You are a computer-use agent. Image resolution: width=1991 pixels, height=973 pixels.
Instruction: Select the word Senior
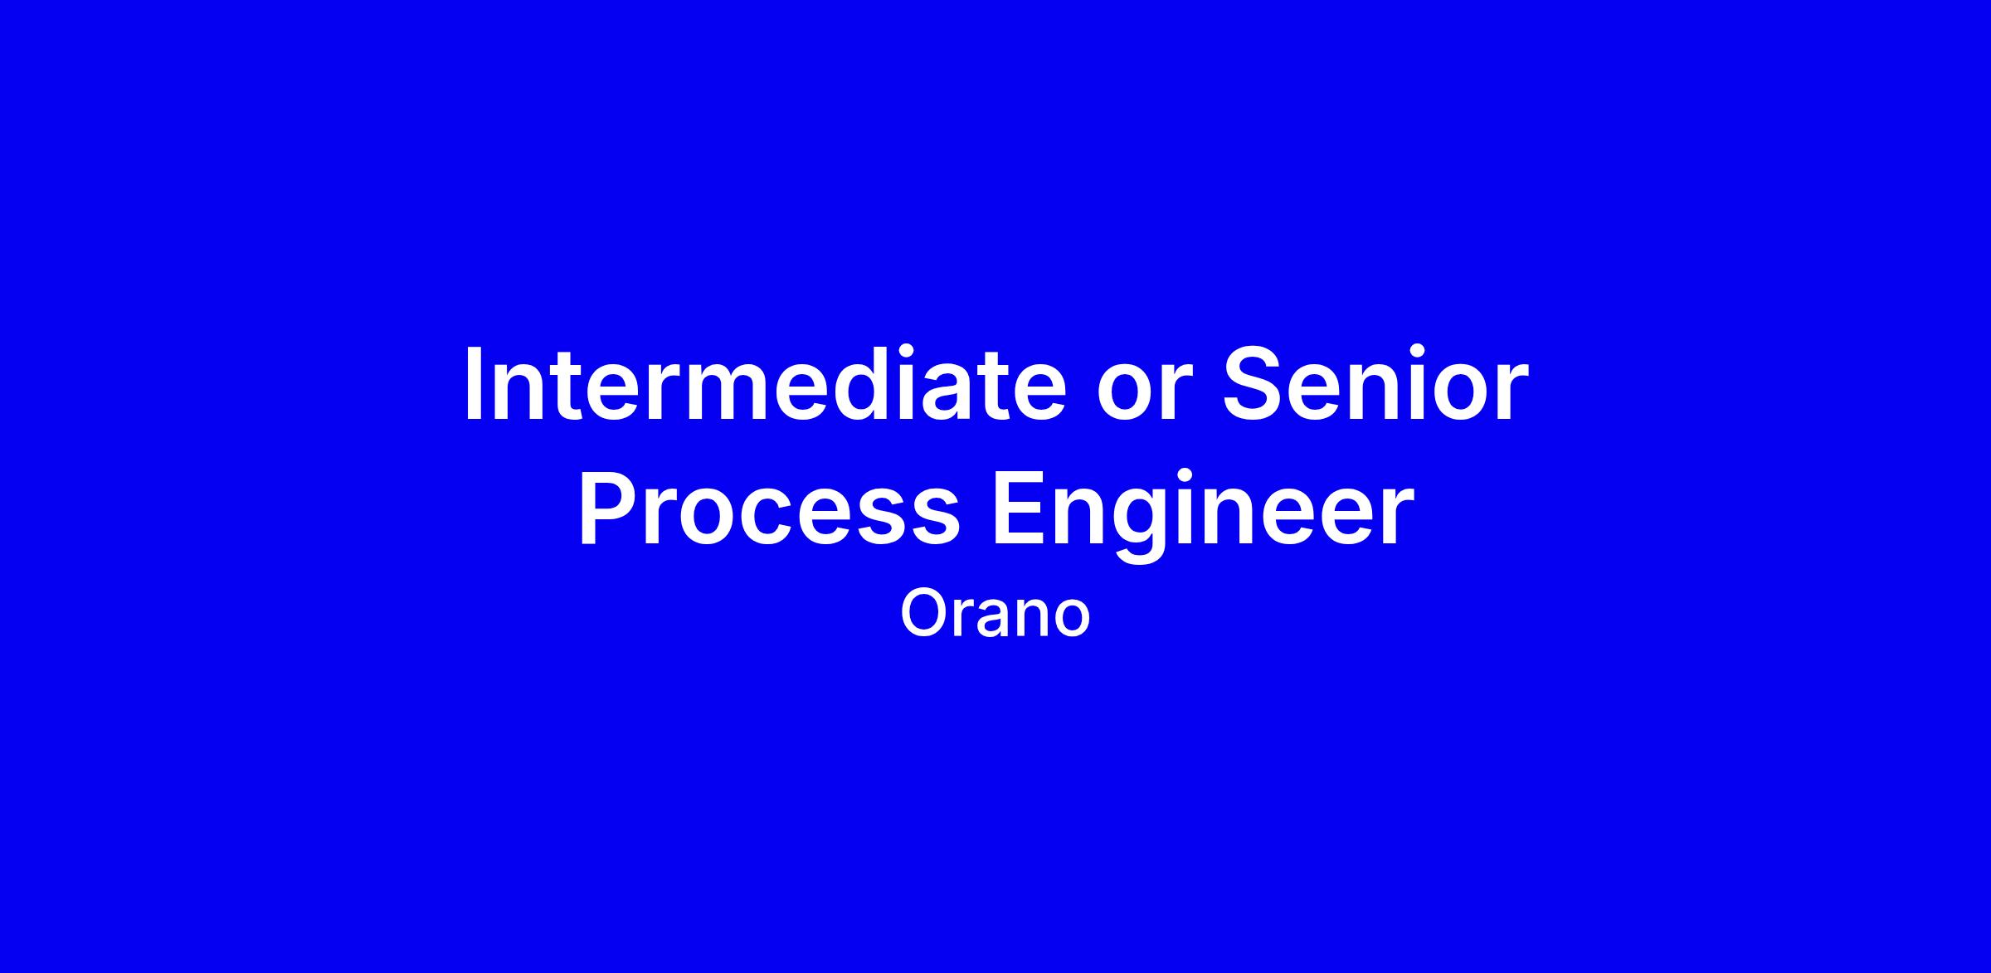point(1375,383)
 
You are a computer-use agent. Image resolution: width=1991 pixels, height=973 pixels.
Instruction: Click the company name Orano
point(995,614)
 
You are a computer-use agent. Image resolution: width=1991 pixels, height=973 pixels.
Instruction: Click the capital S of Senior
point(1254,383)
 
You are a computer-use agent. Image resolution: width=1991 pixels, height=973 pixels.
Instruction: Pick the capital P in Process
point(609,507)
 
